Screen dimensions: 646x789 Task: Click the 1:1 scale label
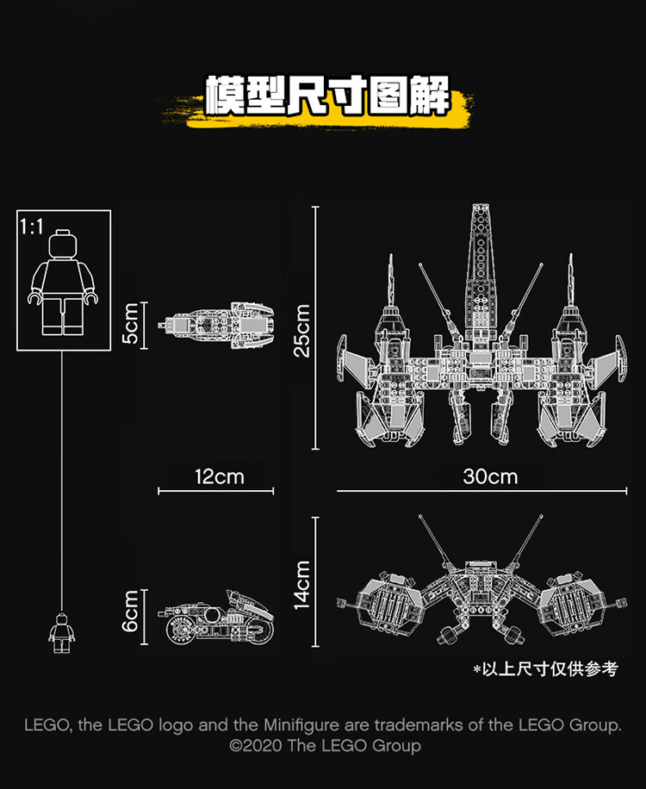point(31,227)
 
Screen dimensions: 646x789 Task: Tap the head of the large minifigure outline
point(63,244)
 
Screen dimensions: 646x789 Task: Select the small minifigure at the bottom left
point(61,632)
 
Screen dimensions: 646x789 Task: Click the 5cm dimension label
point(130,324)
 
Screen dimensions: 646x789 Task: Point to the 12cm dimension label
point(220,476)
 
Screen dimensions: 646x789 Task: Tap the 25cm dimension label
point(301,331)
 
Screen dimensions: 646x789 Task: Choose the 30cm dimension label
point(490,476)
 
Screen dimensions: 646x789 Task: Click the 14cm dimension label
point(301,585)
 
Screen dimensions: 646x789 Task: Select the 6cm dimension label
point(130,611)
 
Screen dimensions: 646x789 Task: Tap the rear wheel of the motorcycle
point(181,627)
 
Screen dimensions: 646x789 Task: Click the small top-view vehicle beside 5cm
point(216,325)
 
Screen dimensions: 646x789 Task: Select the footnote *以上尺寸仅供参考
point(545,668)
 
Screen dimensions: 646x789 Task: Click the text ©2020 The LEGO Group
point(325,745)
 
